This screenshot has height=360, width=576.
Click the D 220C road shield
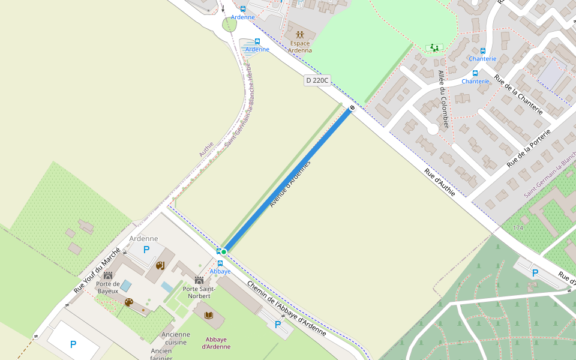pyautogui.click(x=317, y=80)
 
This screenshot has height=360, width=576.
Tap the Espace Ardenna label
pyautogui.click(x=300, y=47)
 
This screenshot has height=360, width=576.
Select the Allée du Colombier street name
pyautogui.click(x=443, y=99)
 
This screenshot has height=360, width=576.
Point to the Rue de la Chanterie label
pyautogui.click(x=518, y=95)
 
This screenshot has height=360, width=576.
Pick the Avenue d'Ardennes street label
pyautogui.click(x=290, y=185)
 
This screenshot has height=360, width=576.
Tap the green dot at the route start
pyautogui.click(x=224, y=251)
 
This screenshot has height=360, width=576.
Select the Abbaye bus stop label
pyautogui.click(x=220, y=271)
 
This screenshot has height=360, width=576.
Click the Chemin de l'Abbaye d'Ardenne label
pyautogui.click(x=287, y=309)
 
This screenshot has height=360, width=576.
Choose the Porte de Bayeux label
pyautogui.click(x=108, y=287)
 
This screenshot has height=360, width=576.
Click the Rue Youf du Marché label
pyautogui.click(x=97, y=270)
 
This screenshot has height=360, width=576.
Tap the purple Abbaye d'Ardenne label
pyautogui.click(x=216, y=343)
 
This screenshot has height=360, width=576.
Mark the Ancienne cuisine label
pyautogui.click(x=176, y=338)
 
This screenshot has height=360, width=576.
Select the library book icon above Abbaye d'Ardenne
pyautogui.click(x=209, y=316)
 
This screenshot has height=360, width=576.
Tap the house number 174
pyautogui.click(x=518, y=228)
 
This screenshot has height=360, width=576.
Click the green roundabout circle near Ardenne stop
pyautogui.click(x=229, y=25)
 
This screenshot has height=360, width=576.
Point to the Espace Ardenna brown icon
pyautogui.click(x=300, y=34)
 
